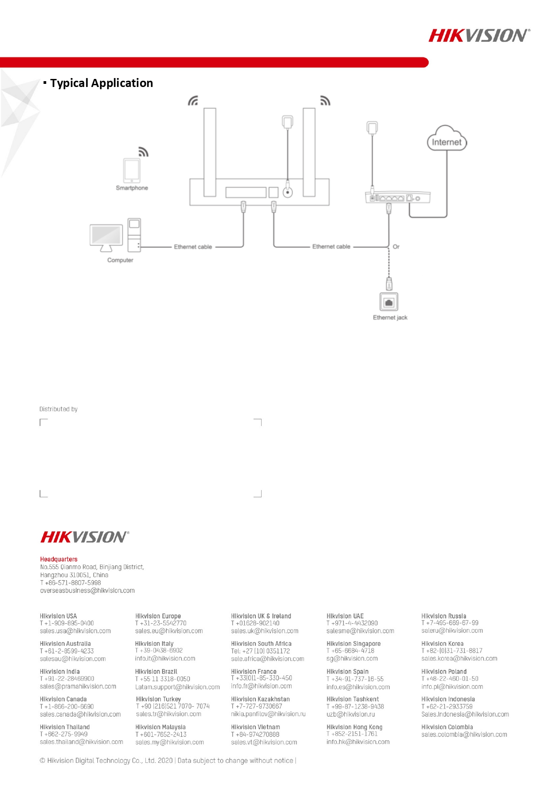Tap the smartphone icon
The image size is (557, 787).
pos(132,170)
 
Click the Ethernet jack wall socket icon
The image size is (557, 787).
pos(389,302)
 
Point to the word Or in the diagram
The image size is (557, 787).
pos(396,247)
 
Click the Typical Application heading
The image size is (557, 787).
pos(101,83)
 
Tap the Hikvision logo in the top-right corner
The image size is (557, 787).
pos(479,35)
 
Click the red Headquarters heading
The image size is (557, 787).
pos(59,559)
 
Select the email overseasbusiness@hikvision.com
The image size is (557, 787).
pos(88,591)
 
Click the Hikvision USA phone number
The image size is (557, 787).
pos(67,623)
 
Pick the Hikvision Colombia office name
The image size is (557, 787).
pos(447,727)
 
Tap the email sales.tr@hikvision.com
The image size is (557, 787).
pos(169,714)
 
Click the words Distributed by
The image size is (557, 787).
pos(58,409)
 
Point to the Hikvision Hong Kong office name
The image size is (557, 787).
pos(355,727)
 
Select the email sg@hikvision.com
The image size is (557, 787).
pos(352,659)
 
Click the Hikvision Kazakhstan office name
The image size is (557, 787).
pos(260,699)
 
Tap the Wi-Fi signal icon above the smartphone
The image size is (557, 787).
pos(143,152)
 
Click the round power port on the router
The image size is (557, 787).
pos(288,192)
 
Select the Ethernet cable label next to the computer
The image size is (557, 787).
pos(193,247)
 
